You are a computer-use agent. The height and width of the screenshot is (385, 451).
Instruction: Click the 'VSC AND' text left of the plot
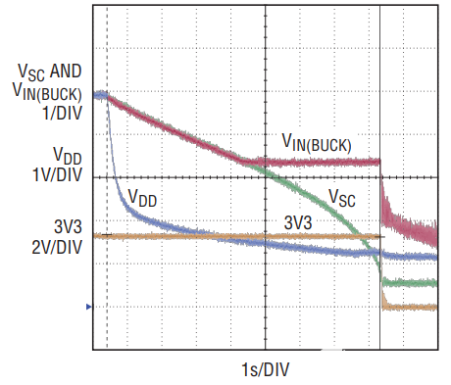pyautogui.click(x=50, y=72)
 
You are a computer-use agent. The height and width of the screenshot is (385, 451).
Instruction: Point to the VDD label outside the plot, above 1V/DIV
pyautogui.click(x=68, y=155)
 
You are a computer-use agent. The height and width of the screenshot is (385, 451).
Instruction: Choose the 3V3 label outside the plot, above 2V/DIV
pyautogui.click(x=70, y=226)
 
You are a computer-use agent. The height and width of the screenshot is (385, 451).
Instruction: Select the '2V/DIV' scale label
pyautogui.click(x=57, y=246)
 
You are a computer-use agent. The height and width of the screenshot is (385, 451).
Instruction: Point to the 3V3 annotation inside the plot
pyautogui.click(x=300, y=222)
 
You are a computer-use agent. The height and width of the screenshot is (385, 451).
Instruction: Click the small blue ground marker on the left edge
pyautogui.click(x=88, y=308)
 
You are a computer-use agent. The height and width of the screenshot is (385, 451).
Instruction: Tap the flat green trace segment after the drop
pyautogui.click(x=412, y=283)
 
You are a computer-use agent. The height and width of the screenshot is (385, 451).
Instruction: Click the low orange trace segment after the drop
pyautogui.click(x=412, y=307)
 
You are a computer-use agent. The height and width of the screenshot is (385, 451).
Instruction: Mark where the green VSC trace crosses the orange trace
pyautogui.click(x=365, y=237)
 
